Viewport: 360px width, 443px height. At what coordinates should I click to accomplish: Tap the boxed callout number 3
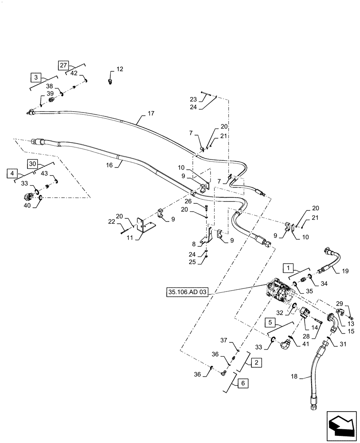pos(35,78)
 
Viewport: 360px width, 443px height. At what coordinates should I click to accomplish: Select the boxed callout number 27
pos(63,66)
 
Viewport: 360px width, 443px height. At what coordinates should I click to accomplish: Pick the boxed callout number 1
pos(288,268)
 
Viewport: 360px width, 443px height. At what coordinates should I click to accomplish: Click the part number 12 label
pos(120,69)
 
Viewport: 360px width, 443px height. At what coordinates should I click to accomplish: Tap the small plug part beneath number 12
pos(111,81)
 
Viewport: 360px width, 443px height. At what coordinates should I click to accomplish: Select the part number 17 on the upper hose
pos(151,114)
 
